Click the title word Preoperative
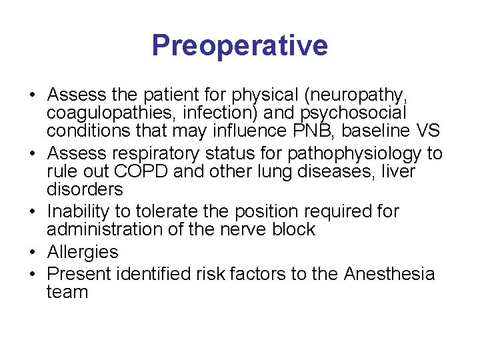coord(239,46)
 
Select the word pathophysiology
coord(354,153)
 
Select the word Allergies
coord(83,252)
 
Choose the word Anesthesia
coord(389,274)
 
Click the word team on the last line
coord(67,292)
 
